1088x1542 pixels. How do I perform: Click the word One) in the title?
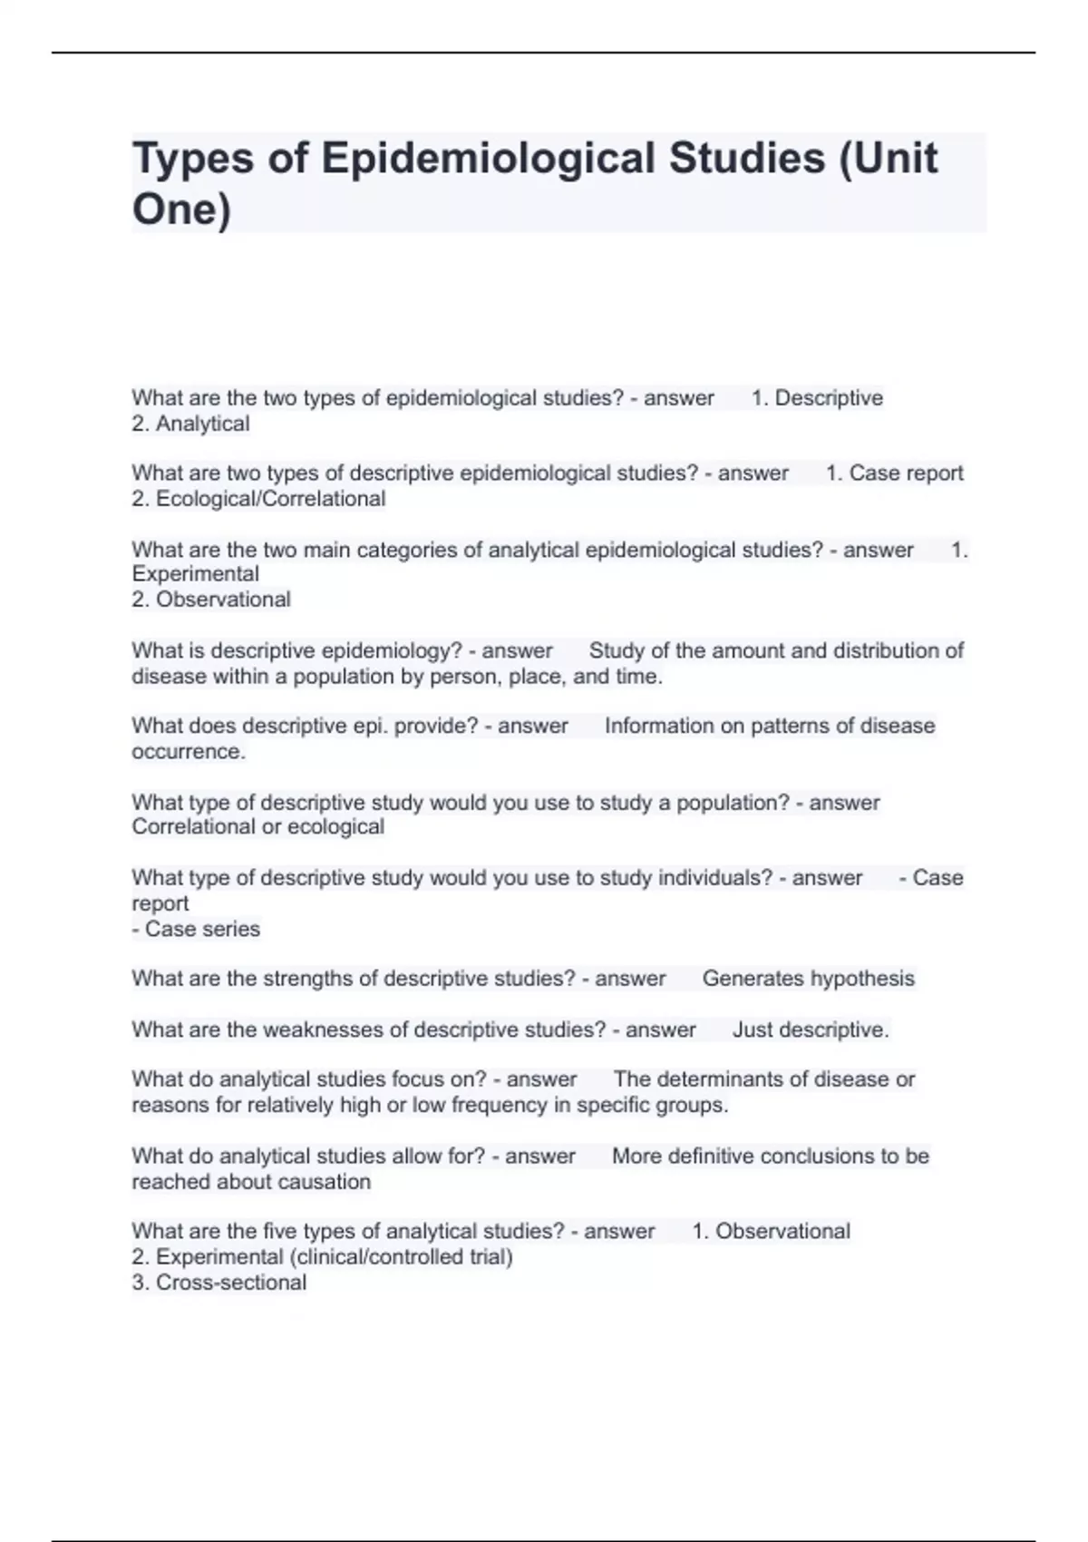coord(181,210)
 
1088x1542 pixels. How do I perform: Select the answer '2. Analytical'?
coord(190,424)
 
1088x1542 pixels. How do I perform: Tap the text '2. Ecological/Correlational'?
coord(258,499)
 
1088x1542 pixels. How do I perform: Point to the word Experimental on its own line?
coord(195,574)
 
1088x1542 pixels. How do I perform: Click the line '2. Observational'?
coord(210,600)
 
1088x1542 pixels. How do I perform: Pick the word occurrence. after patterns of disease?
coord(188,752)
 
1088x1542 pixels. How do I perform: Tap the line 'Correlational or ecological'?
coord(257,827)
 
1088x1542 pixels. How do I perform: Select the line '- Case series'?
coord(196,929)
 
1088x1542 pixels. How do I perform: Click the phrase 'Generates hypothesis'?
coord(808,979)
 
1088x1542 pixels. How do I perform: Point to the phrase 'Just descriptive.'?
coord(811,1030)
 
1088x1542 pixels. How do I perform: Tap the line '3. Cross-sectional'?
coord(219,1283)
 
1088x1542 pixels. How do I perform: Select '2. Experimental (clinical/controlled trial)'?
coord(322,1257)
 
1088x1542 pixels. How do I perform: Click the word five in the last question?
coord(279,1232)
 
